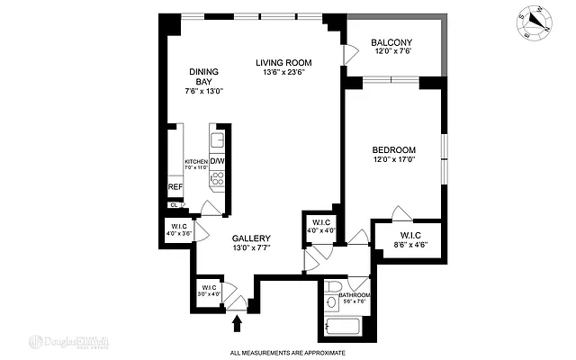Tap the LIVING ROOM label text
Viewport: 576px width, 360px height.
tap(283, 62)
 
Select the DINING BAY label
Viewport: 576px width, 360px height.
tap(204, 80)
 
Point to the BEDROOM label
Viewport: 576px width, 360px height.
tap(393, 149)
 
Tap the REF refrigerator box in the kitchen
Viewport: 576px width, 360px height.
tap(175, 188)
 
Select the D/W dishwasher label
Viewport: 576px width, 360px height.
tap(217, 162)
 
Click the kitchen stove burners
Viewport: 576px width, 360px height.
tap(216, 178)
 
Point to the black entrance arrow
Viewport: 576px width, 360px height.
tap(238, 320)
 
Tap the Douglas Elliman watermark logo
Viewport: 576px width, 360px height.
tap(69, 342)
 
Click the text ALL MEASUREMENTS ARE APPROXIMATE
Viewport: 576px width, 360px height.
tap(287, 353)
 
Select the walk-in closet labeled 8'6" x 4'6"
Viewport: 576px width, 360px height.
tap(417, 241)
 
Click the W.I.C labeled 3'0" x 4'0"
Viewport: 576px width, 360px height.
tap(209, 291)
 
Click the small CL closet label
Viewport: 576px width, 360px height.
tap(172, 204)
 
